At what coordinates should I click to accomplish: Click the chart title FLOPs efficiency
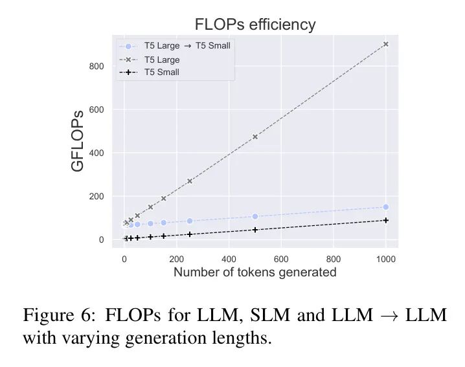click(x=255, y=25)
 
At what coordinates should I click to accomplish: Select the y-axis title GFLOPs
click(x=78, y=143)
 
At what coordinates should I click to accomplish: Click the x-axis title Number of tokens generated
click(x=255, y=272)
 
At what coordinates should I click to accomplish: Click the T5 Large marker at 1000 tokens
click(x=386, y=44)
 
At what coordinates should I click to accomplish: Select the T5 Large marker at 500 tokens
click(x=255, y=137)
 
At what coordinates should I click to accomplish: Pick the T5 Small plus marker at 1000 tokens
click(x=386, y=220)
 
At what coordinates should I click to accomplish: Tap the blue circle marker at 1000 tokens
click(x=386, y=207)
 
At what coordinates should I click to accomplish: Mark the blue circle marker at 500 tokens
click(x=255, y=216)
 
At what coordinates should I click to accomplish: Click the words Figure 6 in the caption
click(x=53, y=315)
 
